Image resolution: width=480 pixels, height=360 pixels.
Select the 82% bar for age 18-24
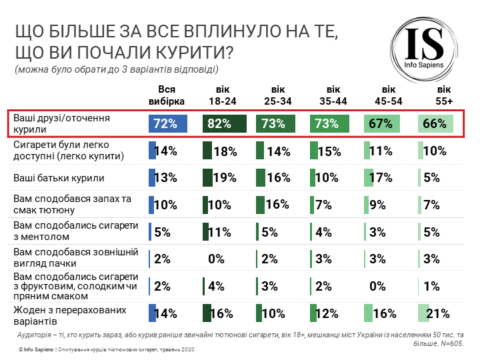point(224,123)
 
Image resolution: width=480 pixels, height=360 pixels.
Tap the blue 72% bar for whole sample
point(168,123)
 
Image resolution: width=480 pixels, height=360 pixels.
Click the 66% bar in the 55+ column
point(435,123)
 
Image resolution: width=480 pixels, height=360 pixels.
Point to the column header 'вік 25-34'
point(278,95)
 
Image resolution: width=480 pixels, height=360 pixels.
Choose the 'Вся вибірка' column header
point(167,95)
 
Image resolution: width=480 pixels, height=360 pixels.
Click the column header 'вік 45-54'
point(388,95)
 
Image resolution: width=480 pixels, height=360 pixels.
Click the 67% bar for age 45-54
point(382,123)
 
